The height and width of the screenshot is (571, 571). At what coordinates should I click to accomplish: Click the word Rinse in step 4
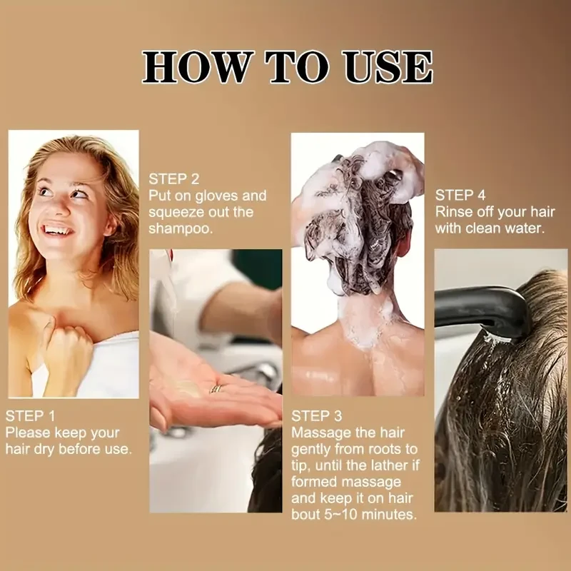pos(454,212)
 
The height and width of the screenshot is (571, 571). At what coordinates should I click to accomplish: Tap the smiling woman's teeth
pos(58,230)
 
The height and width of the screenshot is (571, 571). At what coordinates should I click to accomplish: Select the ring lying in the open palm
pos(215,389)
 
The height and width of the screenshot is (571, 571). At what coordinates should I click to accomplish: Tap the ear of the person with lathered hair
pos(402,243)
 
